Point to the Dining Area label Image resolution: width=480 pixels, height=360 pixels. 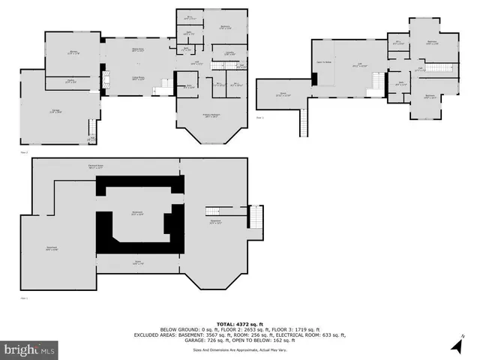[138, 50]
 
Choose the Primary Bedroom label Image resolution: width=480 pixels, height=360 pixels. [210, 115]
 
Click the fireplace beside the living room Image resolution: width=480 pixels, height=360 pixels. [106, 78]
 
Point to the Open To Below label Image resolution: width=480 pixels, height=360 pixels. [325, 62]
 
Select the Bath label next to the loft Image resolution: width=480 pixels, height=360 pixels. [402, 83]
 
